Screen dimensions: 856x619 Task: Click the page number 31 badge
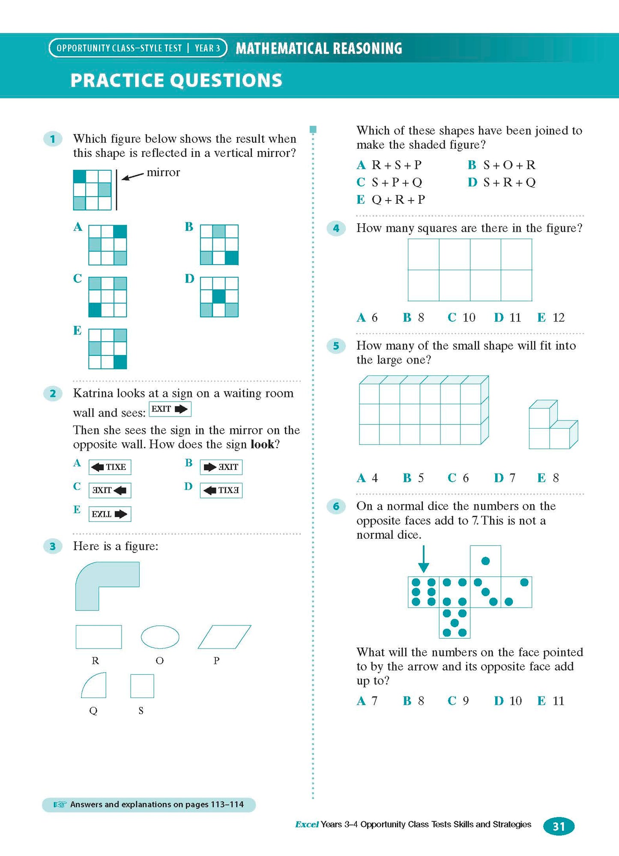559,826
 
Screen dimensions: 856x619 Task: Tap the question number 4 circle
336,228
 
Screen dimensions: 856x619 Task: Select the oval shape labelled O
160,637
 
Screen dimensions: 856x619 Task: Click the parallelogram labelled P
224,637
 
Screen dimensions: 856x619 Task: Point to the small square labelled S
142,686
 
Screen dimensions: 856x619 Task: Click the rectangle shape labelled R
99,637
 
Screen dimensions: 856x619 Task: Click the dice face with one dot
485,561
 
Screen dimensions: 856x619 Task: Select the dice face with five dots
455,623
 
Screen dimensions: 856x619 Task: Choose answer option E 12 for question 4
551,318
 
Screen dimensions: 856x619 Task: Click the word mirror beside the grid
163,172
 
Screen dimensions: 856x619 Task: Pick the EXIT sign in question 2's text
170,409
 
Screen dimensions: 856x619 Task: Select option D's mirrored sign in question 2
221,490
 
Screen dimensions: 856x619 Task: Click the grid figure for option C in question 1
108,297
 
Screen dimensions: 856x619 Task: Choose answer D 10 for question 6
508,701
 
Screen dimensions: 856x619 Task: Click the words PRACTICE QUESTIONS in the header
176,80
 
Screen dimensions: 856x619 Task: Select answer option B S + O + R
502,165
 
